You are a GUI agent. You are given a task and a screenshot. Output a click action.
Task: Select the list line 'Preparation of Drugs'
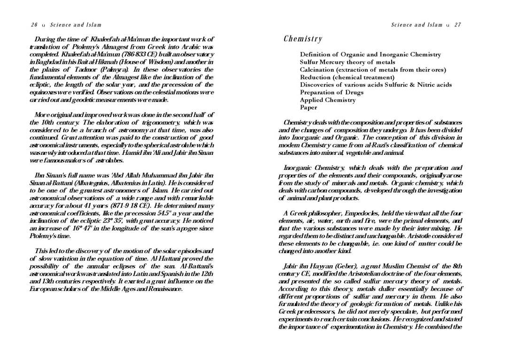332,92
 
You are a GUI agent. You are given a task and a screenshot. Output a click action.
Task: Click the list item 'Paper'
309,107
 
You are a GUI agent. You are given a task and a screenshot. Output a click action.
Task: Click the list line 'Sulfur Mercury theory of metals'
348,62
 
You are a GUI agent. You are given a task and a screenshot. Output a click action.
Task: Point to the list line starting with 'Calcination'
373,69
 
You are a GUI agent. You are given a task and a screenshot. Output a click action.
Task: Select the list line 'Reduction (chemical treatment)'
347,77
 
